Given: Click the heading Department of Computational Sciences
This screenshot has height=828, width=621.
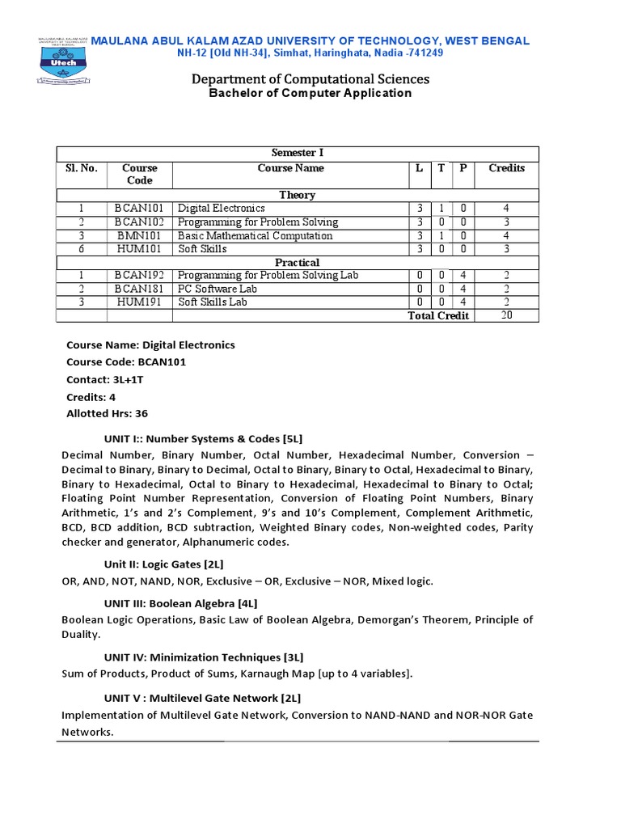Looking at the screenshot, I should tap(310, 78).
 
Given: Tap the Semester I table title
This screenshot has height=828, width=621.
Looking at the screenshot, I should tap(297, 154).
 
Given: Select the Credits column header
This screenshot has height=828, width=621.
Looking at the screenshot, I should tap(506, 168).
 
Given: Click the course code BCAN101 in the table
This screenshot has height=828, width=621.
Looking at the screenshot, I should tap(138, 209).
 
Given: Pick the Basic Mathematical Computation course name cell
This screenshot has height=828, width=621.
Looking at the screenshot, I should tap(255, 236).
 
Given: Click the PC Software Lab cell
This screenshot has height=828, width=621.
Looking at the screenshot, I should tap(213, 289).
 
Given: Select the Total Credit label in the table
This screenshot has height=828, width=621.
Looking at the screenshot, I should tap(438, 315).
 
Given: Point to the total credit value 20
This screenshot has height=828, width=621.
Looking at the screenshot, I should tap(506, 315).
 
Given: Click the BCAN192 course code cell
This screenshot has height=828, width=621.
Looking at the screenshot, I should tap(138, 276).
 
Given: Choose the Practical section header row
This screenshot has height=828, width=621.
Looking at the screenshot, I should tap(297, 263).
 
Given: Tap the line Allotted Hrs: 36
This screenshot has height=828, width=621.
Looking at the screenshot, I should tap(108, 413).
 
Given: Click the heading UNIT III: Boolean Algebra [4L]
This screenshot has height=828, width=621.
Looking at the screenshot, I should tap(180, 603).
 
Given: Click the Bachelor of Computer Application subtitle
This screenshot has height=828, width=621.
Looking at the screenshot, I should tap(310, 94).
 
